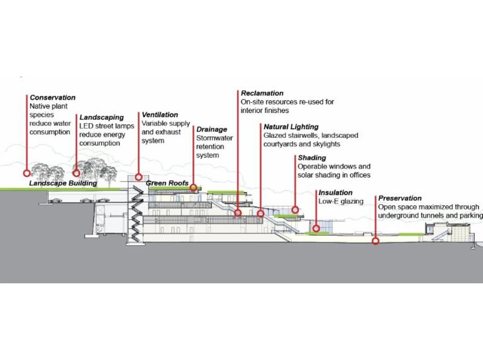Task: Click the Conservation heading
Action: coord(53,98)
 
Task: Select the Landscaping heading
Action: coord(102,117)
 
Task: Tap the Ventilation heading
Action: coord(160,115)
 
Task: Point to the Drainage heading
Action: coord(212,129)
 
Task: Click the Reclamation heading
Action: coord(262,93)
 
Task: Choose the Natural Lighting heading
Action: coord(291,127)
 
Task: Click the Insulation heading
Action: coord(335,192)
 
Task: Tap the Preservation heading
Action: coord(400,198)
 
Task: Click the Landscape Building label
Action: coord(63,183)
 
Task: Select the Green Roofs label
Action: coord(167,183)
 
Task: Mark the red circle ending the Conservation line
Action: coord(26,173)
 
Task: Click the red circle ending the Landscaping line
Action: coord(76,173)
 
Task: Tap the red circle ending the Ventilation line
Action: coord(139,177)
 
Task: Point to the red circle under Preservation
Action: coord(376,241)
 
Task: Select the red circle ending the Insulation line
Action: coord(316,228)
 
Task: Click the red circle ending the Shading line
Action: coord(294,210)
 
